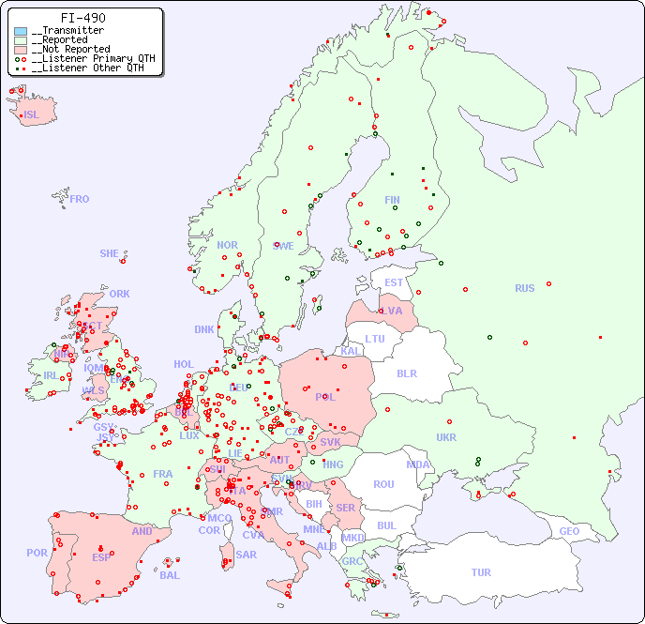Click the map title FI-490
[82, 18]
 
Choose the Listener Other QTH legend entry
[87, 68]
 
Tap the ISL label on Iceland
[31, 115]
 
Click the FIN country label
[392, 200]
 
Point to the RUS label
[524, 288]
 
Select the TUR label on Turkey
[481, 572]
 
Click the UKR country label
[446, 437]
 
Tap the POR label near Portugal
[37, 553]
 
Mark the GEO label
[569, 531]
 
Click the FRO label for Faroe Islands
[80, 199]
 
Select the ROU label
[383, 484]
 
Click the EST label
[394, 282]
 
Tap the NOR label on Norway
[227, 245]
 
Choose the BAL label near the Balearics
[170, 575]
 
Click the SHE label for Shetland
[110, 253]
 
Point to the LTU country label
[375, 339]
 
